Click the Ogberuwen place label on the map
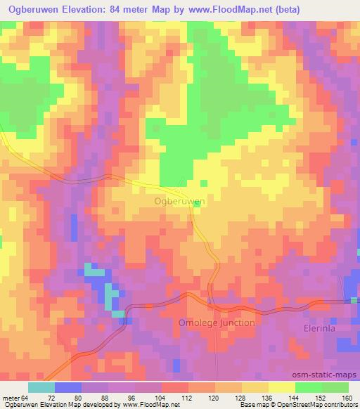click(179, 201)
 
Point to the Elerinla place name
click(330, 326)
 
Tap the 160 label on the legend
click(345, 397)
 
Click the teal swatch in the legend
click(41, 387)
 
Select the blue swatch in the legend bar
click(67, 387)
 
